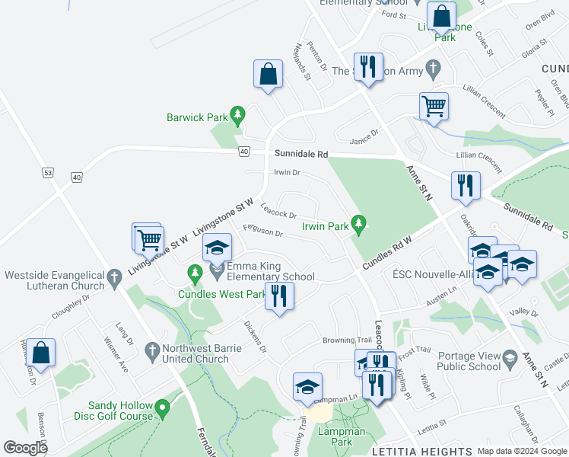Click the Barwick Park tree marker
(x=238, y=114)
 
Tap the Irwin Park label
(x=325, y=226)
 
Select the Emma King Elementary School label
(x=272, y=271)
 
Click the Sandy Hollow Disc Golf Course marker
(x=161, y=411)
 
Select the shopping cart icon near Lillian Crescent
(x=434, y=107)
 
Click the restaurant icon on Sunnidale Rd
(x=464, y=185)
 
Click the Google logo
(x=25, y=448)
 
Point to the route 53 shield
(x=47, y=174)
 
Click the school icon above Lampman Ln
(x=307, y=386)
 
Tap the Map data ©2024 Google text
(x=522, y=451)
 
